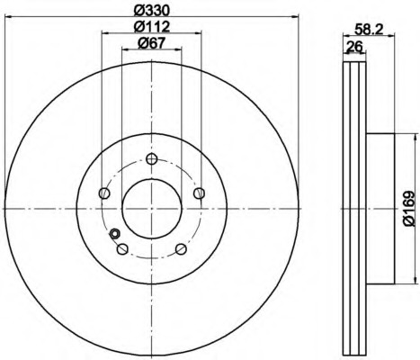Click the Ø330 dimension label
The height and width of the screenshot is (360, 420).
click(152, 11)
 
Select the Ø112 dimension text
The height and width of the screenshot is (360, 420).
click(152, 27)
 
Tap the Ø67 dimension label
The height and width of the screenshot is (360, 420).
click(152, 43)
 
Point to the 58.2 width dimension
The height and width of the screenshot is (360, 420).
click(369, 30)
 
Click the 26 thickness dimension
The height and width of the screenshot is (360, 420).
click(354, 47)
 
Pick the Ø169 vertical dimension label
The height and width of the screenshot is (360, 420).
click(409, 209)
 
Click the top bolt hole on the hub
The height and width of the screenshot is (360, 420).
click(152, 158)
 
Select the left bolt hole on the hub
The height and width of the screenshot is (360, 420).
click(104, 193)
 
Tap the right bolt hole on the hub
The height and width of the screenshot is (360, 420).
click(200, 193)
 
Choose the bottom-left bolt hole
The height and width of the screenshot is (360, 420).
click(122, 249)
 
